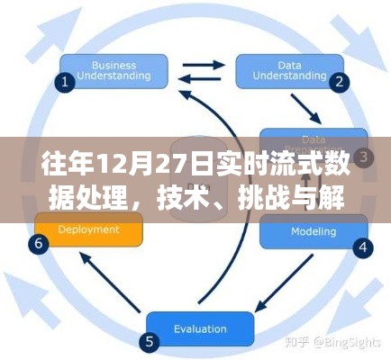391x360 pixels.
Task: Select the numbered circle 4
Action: click(x=362, y=246)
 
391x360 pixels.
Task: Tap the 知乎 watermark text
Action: click(x=300, y=342)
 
